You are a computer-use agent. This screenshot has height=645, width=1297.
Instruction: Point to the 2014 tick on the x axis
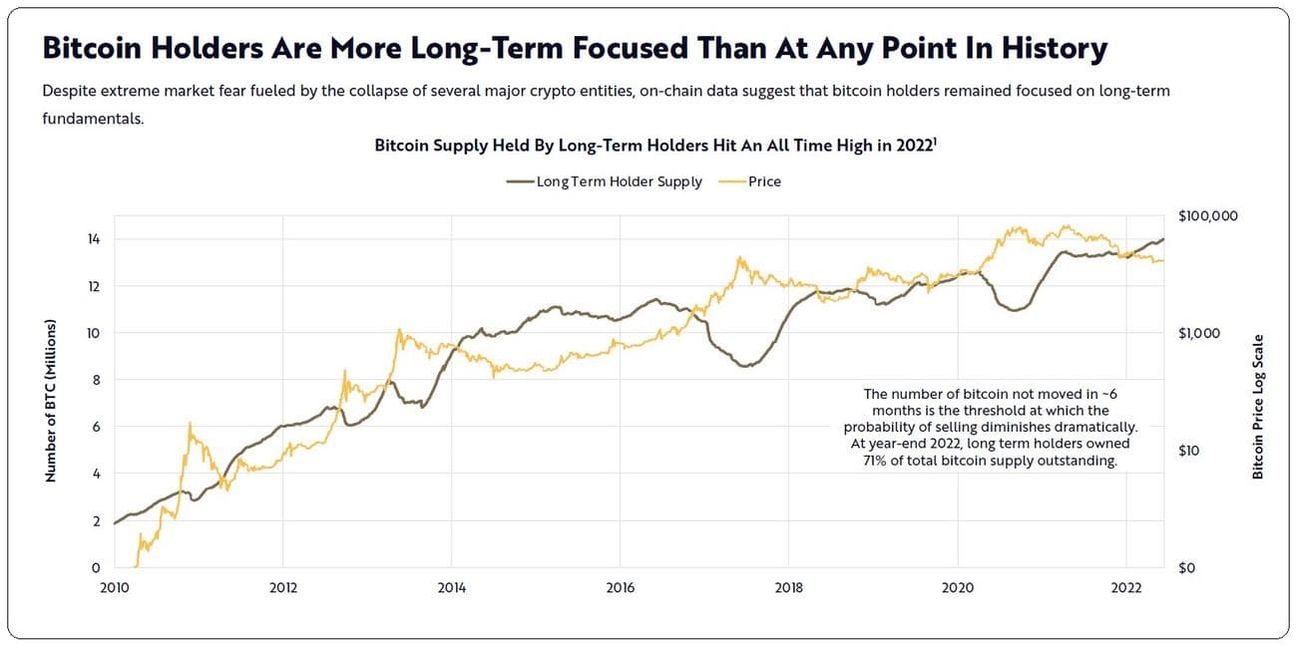(x=451, y=587)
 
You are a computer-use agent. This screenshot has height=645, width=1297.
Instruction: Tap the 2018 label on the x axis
(x=789, y=587)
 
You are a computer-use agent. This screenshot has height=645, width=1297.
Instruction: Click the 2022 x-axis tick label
(x=1126, y=587)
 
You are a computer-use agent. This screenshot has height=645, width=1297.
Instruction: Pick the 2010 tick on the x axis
(x=115, y=587)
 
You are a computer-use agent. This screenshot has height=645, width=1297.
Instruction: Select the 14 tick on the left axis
(x=94, y=239)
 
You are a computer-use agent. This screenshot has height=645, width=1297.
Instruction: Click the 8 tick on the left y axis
(x=97, y=380)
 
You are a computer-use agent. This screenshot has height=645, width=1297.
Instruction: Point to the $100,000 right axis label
(x=1208, y=215)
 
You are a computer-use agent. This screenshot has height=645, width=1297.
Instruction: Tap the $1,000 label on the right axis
(x=1200, y=333)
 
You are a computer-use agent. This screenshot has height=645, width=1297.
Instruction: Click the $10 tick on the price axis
(x=1191, y=451)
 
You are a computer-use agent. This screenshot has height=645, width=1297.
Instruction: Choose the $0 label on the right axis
(x=1188, y=568)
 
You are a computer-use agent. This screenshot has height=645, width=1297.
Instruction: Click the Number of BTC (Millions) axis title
(x=50, y=401)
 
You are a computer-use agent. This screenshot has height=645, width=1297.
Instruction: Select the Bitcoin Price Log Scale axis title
(x=1258, y=406)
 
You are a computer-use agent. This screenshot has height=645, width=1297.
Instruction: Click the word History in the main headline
(x=1048, y=48)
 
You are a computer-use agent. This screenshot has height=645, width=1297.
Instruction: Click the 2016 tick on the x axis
(x=621, y=587)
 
